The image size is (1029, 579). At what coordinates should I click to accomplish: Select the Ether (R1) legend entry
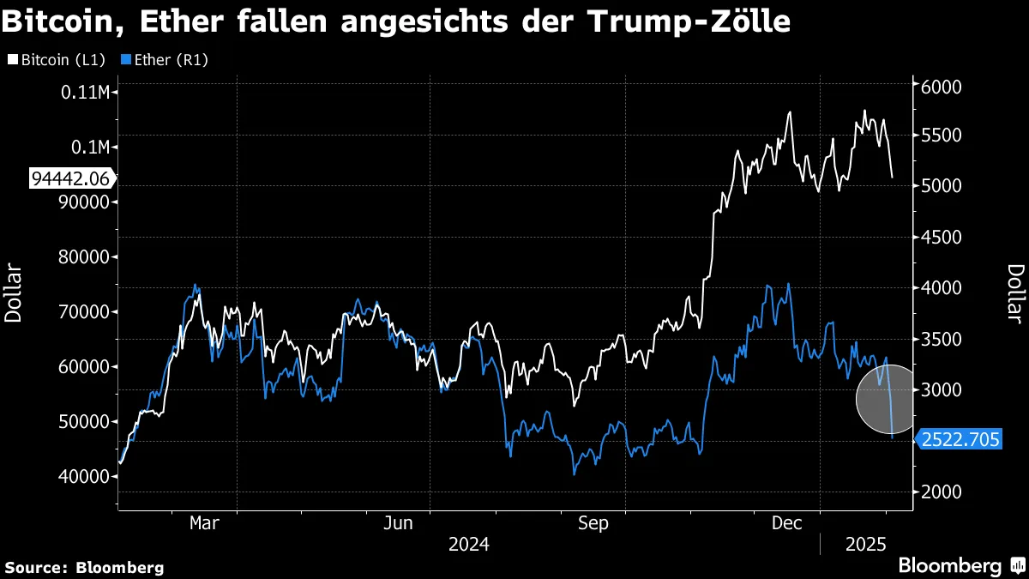[166, 60]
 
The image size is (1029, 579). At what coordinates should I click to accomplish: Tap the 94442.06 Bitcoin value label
[70, 178]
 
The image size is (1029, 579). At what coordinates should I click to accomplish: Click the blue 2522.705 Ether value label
[960, 440]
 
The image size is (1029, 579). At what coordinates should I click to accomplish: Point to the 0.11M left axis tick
[86, 92]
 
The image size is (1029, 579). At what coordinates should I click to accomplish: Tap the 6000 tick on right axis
[942, 87]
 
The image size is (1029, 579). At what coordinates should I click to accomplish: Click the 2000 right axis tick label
[942, 492]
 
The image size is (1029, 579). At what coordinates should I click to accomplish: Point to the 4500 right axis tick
[942, 238]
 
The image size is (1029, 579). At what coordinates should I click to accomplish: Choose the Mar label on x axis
[204, 522]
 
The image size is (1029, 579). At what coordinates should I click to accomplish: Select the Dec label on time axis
[786, 522]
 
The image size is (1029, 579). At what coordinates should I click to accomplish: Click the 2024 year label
[468, 544]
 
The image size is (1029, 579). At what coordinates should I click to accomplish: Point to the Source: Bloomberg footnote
[84, 567]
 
